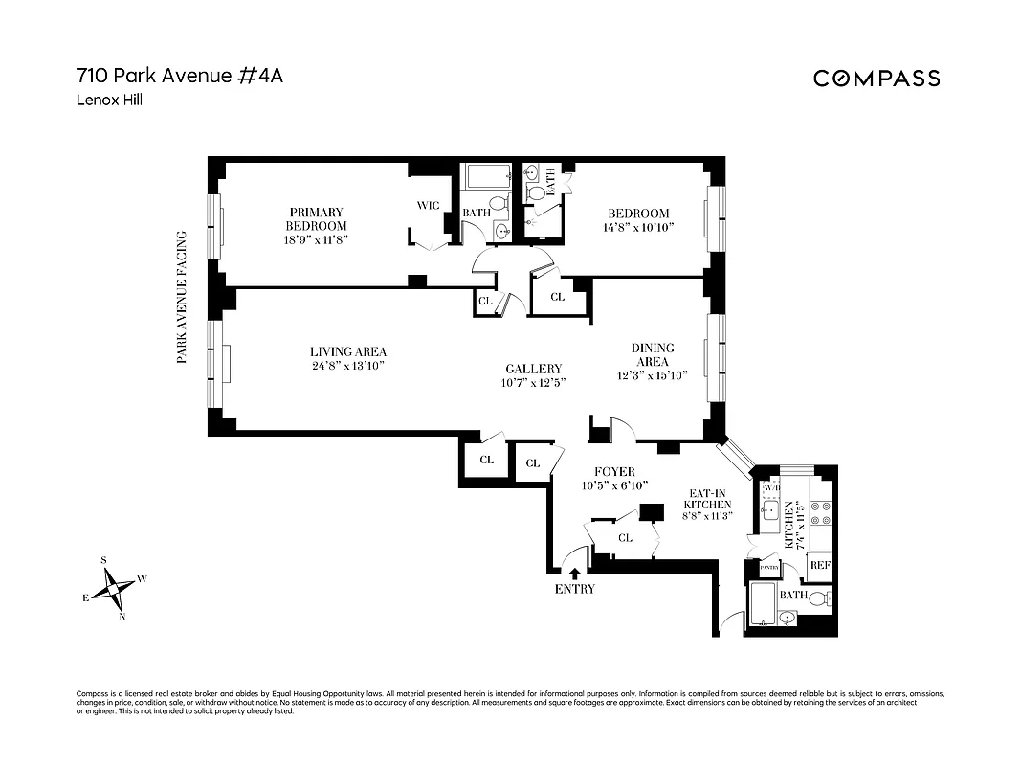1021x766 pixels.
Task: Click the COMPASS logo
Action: pos(877,79)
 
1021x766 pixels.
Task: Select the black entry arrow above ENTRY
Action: pos(574,573)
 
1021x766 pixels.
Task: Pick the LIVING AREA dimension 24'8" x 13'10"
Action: pos(347,365)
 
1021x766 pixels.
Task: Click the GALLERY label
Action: pos(534,369)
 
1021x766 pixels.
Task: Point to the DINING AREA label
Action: pos(652,354)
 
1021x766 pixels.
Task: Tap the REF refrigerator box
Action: pos(820,565)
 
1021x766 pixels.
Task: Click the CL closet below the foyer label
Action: pos(625,538)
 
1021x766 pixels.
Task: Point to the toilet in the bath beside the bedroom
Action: pos(537,191)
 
